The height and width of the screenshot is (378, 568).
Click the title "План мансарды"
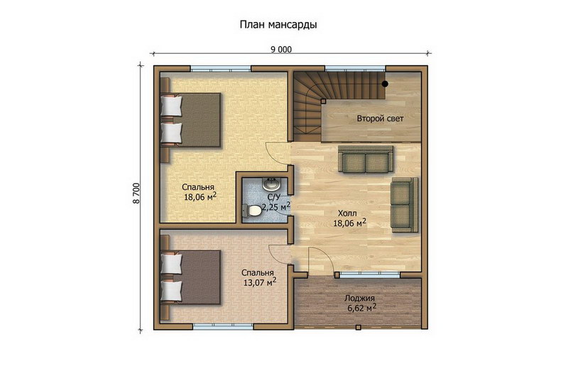[278, 25]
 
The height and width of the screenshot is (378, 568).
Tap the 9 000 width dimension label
[281, 50]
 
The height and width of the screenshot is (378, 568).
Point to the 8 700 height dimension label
[136, 194]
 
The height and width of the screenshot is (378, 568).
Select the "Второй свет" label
[380, 118]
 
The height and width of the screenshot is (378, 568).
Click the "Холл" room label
[347, 213]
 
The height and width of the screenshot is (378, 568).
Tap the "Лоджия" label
[359, 299]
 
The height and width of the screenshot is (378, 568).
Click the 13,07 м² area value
[260, 282]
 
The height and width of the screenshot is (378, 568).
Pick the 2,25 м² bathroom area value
[276, 207]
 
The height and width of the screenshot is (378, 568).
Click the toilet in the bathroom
[253, 211]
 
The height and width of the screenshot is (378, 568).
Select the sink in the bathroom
[271, 184]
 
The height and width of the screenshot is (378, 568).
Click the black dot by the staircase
[385, 84]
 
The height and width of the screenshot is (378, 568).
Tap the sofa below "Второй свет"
[366, 158]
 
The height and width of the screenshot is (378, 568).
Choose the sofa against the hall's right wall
[404, 204]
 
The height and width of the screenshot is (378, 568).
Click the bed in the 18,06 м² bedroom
[191, 120]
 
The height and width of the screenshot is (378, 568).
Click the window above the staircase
[354, 68]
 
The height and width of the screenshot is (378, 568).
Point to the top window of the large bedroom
[221, 68]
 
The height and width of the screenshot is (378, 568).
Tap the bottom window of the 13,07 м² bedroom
[223, 327]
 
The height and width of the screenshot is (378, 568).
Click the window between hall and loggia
[370, 274]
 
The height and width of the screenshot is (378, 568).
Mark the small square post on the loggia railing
[359, 328]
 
